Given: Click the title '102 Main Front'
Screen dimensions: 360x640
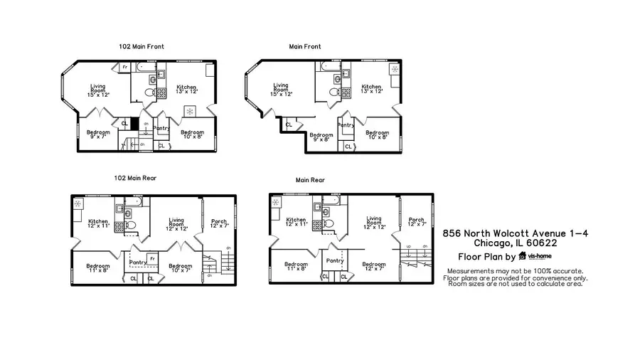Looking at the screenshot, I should (142, 46).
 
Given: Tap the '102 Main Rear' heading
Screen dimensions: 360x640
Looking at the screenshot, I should (135, 178).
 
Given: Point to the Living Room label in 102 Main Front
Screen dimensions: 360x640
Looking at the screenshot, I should (98, 90).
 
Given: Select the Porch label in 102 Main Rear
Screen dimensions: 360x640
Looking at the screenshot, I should (219, 223).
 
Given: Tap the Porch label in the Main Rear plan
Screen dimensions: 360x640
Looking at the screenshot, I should (417, 223).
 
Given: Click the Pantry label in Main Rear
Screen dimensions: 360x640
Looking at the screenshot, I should (335, 261).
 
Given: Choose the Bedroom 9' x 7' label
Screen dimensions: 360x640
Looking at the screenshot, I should (98, 134).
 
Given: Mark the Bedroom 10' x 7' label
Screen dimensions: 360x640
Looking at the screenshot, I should (181, 268).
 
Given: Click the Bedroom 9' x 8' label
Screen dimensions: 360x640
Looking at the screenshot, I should (321, 137).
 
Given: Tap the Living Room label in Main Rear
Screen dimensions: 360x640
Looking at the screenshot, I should (374, 223).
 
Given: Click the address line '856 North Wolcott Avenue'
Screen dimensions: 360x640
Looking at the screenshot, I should (515, 233).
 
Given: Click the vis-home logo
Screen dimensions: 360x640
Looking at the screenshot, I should (535, 256).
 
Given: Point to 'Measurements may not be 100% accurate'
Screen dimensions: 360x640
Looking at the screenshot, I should (515, 271).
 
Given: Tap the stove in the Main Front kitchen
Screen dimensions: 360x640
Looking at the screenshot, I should (346, 92).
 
